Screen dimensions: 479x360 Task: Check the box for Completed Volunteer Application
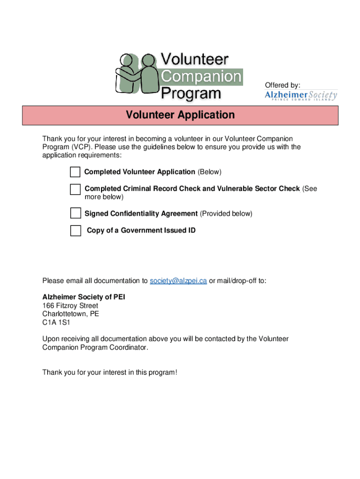(x=75, y=172)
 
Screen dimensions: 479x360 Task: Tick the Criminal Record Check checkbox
(x=75, y=189)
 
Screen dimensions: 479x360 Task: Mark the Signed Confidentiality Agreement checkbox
(x=75, y=213)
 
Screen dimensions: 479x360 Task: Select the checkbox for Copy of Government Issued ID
(x=75, y=231)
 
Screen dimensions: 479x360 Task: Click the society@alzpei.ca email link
(x=178, y=281)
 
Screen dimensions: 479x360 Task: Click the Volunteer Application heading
(x=180, y=115)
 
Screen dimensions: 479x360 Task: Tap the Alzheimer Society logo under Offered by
(x=301, y=95)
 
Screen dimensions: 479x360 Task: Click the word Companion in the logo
(x=201, y=76)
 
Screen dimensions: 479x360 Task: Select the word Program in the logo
(x=191, y=93)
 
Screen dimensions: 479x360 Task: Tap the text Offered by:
(x=282, y=85)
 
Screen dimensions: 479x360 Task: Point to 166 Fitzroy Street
(x=70, y=306)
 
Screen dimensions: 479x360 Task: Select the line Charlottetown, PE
(x=71, y=314)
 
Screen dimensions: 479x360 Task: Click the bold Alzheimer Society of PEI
(x=84, y=297)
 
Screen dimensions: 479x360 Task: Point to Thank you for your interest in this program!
(x=110, y=372)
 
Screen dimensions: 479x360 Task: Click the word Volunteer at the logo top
(x=195, y=59)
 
